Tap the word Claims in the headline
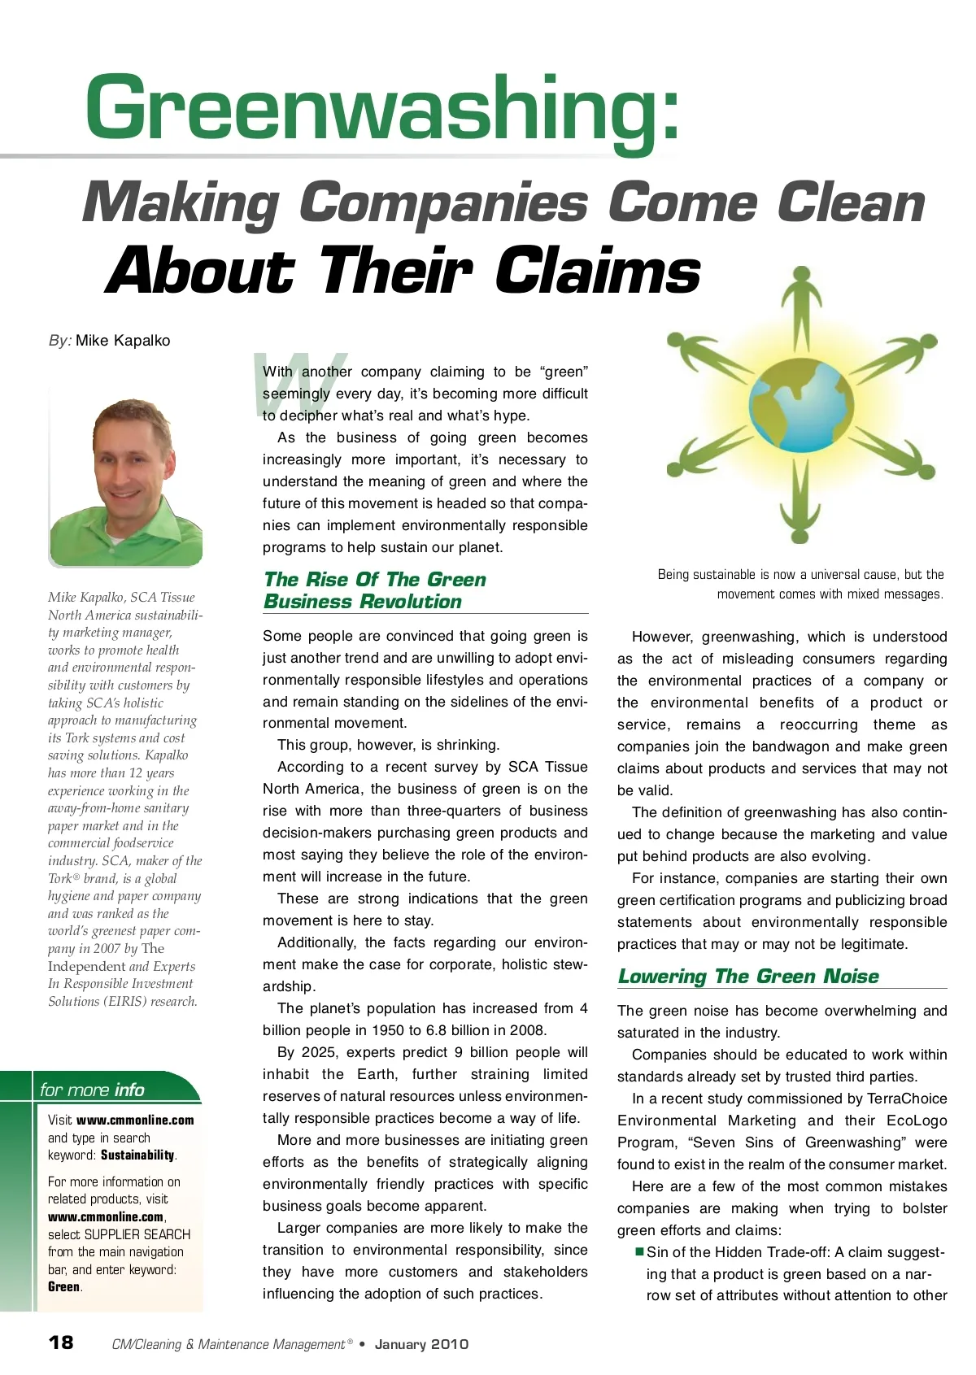click(598, 272)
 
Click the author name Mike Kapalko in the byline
click(123, 341)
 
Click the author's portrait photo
click(126, 476)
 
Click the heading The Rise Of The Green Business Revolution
click(374, 590)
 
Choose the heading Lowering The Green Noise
click(748, 976)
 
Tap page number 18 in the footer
click(61, 1342)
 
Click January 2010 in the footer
click(421, 1344)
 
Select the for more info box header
click(92, 1090)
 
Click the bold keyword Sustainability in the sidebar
click(137, 1155)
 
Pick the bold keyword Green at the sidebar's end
click(64, 1286)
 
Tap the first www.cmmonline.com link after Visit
click(135, 1120)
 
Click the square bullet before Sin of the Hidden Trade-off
click(639, 1251)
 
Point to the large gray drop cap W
click(299, 382)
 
